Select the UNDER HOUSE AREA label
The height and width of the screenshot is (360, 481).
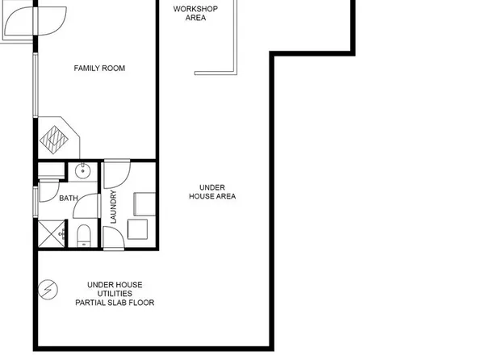(212, 191)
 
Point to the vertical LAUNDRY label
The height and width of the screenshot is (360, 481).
(114, 207)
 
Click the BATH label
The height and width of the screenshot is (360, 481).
(69, 197)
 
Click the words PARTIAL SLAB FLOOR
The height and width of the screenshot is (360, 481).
(115, 303)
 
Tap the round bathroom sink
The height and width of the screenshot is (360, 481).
(82, 170)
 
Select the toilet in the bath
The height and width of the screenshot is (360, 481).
(83, 236)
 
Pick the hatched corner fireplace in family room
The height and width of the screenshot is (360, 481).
(57, 138)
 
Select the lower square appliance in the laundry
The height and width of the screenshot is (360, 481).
(138, 229)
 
